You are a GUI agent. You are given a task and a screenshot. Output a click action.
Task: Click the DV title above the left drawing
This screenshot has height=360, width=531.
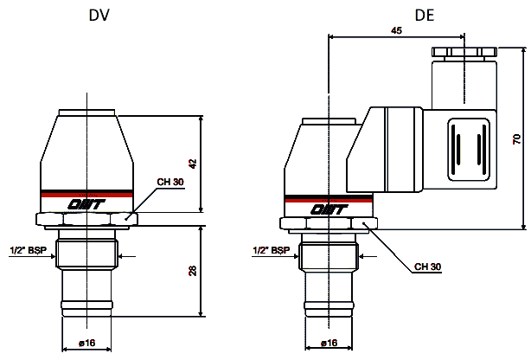[x=99, y=16]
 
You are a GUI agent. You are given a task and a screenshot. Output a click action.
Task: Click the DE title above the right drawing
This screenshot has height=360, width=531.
[x=425, y=16]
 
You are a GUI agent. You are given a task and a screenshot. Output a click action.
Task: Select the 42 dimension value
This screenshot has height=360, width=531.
[x=192, y=164]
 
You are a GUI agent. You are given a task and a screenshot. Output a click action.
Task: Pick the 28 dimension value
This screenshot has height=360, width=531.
[x=192, y=271]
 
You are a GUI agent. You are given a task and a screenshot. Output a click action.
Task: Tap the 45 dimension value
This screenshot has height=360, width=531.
[x=396, y=30]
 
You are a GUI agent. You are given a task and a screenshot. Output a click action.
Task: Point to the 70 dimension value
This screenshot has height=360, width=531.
[x=517, y=139]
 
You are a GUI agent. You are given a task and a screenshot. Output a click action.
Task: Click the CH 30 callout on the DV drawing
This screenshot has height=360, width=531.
[x=170, y=182]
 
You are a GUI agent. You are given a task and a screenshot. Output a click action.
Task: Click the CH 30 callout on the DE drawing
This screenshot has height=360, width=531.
[x=427, y=267]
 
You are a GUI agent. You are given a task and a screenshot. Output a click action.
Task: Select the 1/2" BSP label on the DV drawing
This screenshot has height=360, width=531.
[x=29, y=250]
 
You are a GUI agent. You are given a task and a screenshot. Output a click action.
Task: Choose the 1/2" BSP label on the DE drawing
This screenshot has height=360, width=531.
[x=272, y=250]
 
